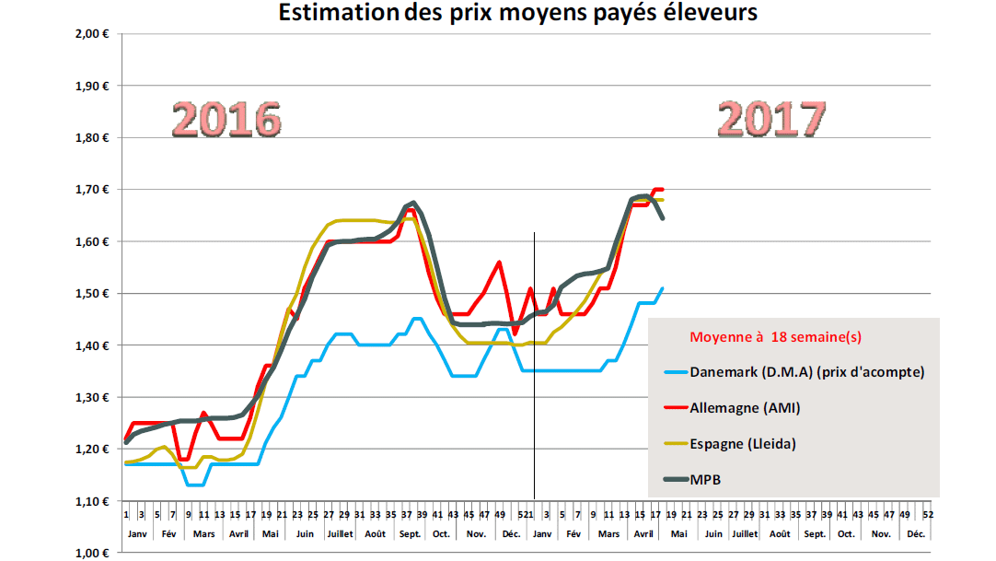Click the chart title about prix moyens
pyautogui.click(x=518, y=14)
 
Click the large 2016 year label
pyautogui.click(x=227, y=120)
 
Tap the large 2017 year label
pyautogui.click(x=771, y=119)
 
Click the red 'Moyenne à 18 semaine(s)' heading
pyautogui.click(x=776, y=336)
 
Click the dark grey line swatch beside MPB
pyautogui.click(x=683, y=479)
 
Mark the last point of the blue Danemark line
pyautogui.click(x=662, y=287)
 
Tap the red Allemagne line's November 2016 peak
pyautogui.click(x=499, y=262)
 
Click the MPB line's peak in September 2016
pyautogui.click(x=413, y=203)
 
